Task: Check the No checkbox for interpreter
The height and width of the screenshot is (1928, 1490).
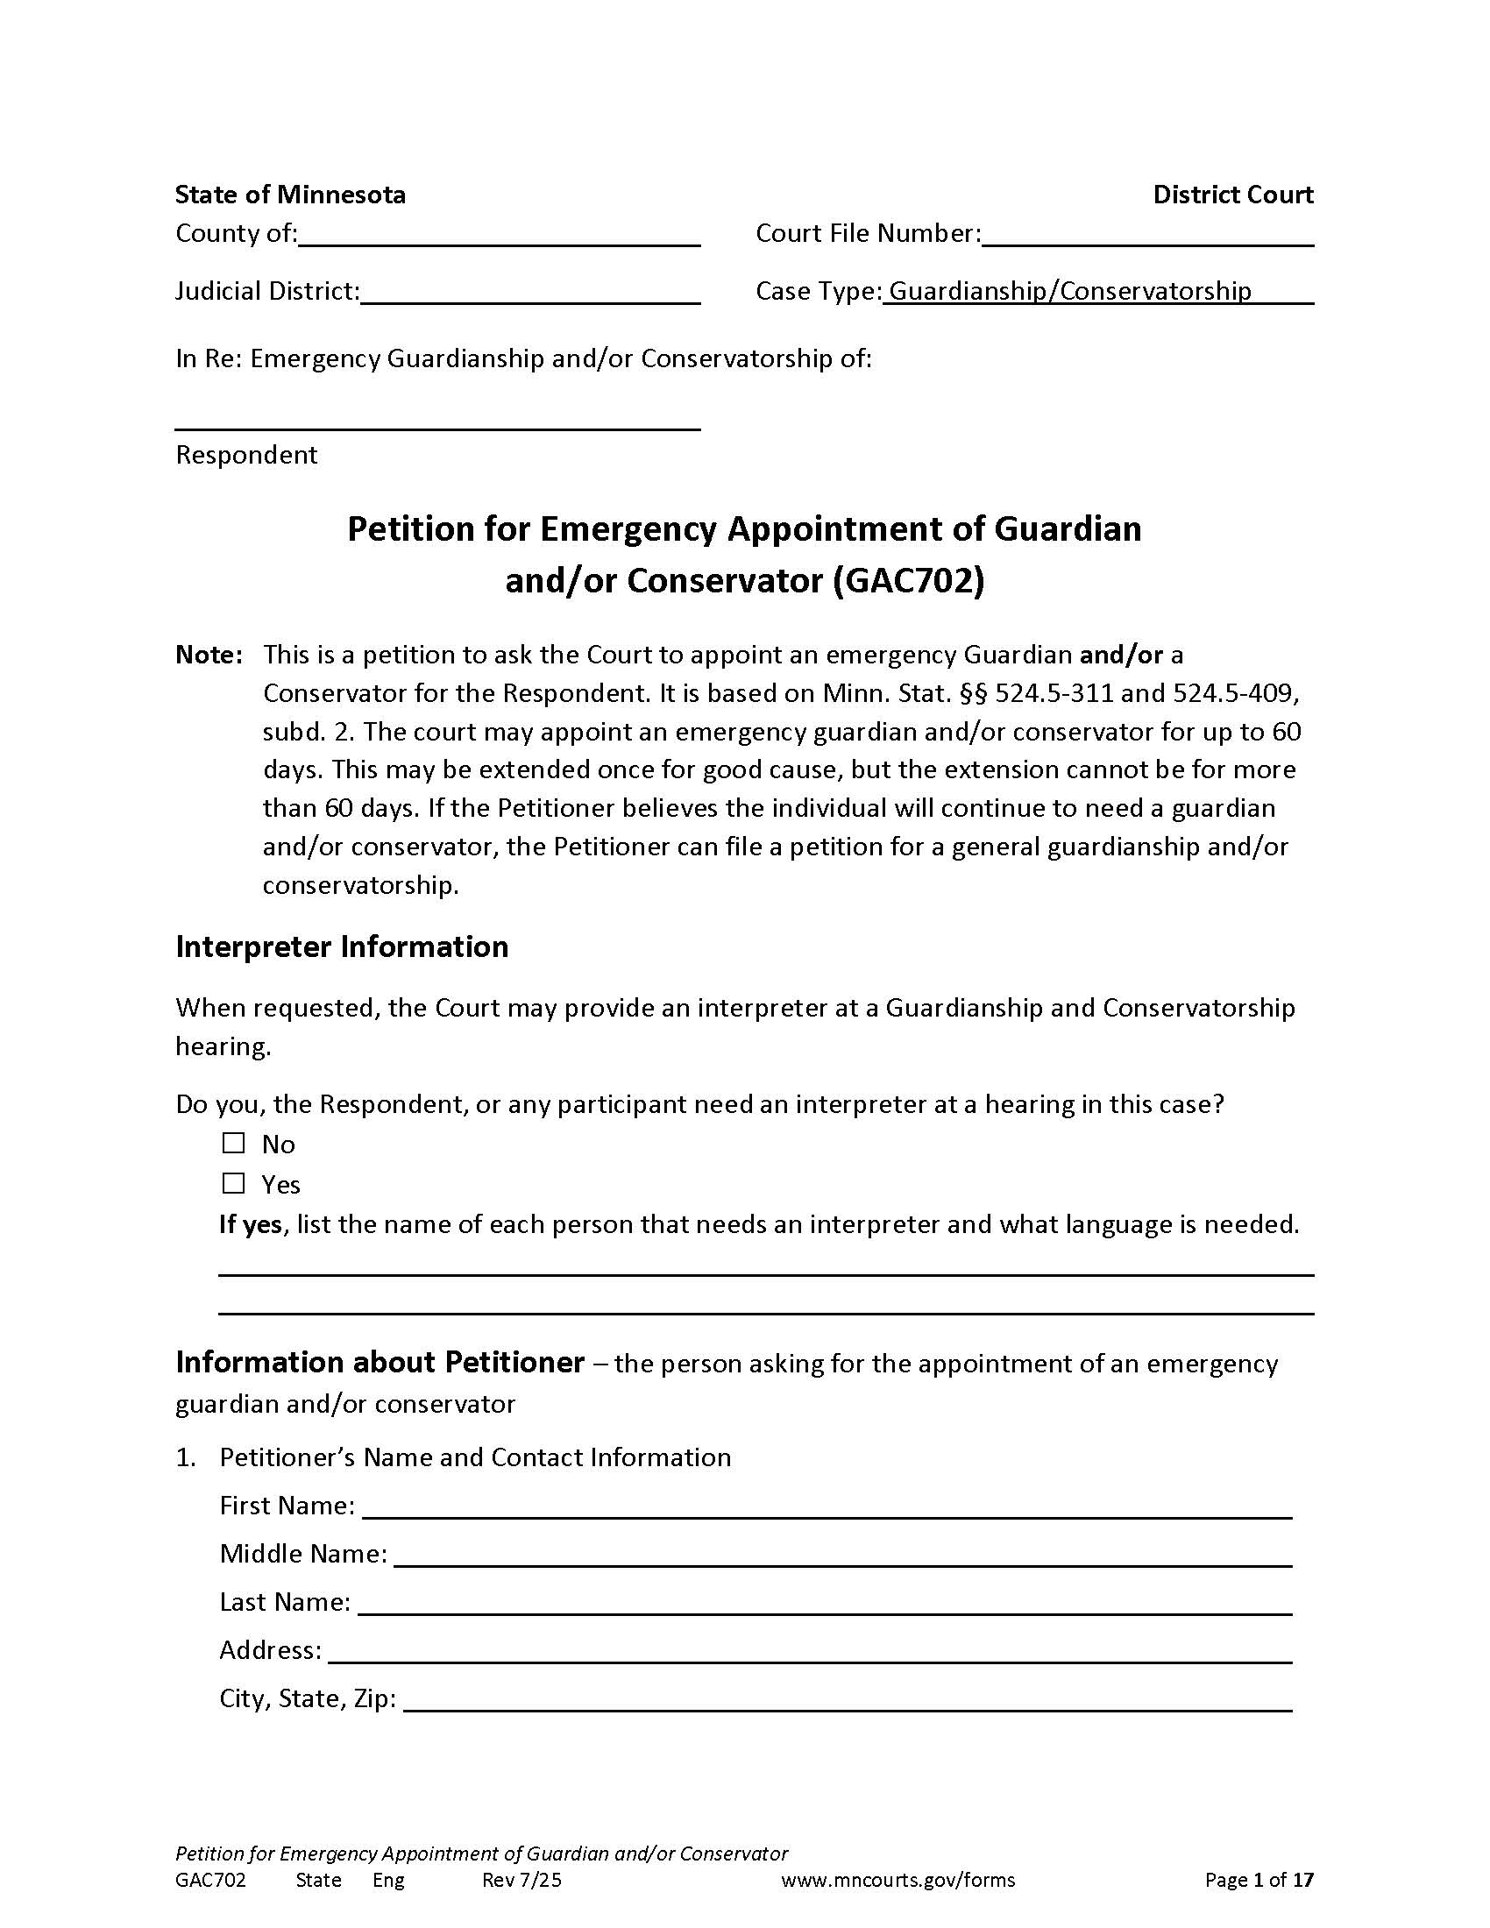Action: (233, 1143)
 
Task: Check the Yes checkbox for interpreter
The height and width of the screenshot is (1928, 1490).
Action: (233, 1183)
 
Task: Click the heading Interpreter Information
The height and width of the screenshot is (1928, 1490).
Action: (342, 946)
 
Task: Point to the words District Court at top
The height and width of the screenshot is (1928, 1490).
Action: (1232, 195)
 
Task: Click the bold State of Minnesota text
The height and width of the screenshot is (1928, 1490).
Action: (290, 195)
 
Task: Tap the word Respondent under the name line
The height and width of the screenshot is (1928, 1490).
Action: (246, 455)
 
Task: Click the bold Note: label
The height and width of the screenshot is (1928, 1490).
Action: (209, 655)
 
